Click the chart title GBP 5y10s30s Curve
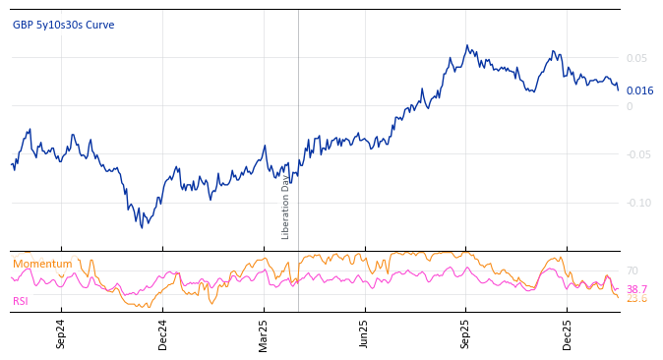tap(63, 25)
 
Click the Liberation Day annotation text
tap(286, 208)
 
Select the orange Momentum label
tap(42, 264)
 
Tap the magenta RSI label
tap(21, 301)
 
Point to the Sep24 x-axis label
tap(61, 334)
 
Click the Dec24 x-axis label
tap(163, 334)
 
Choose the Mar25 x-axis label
tap(264, 334)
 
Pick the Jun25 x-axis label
tap(365, 334)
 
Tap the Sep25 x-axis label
tap(466, 334)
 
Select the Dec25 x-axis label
tap(568, 334)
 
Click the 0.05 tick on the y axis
tap(636, 58)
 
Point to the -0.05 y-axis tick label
tap(638, 154)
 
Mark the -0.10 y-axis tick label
tap(638, 203)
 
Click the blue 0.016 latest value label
tap(639, 90)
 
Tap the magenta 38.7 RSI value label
tap(636, 289)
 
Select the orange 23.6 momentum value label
tap(636, 298)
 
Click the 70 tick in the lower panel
tap(633, 270)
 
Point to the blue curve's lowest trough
tap(142, 228)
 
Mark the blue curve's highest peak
tap(467, 45)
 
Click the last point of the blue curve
tap(618, 90)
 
